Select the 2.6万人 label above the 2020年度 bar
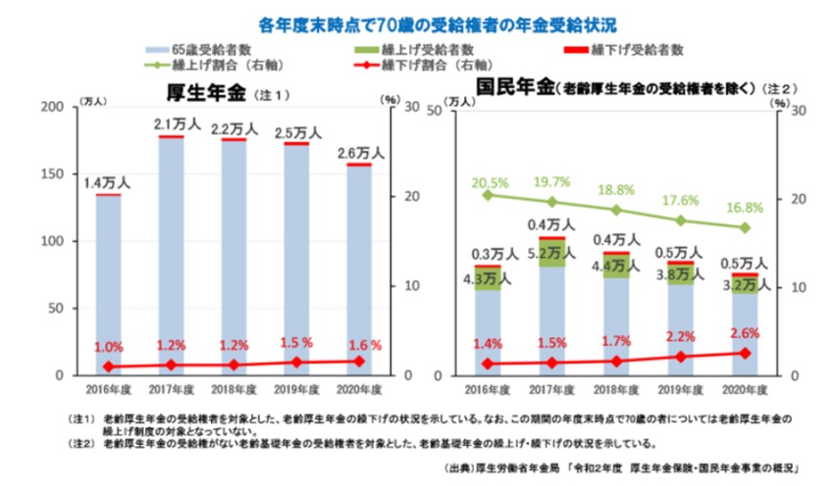pyautogui.click(x=360, y=152)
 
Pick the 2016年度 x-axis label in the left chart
pyautogui.click(x=107, y=390)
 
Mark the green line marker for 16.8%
pyautogui.click(x=746, y=228)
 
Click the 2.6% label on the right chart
pyautogui.click(x=745, y=332)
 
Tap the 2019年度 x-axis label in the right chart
pyautogui.click(x=681, y=390)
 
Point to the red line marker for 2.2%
pyautogui.click(x=681, y=356)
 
